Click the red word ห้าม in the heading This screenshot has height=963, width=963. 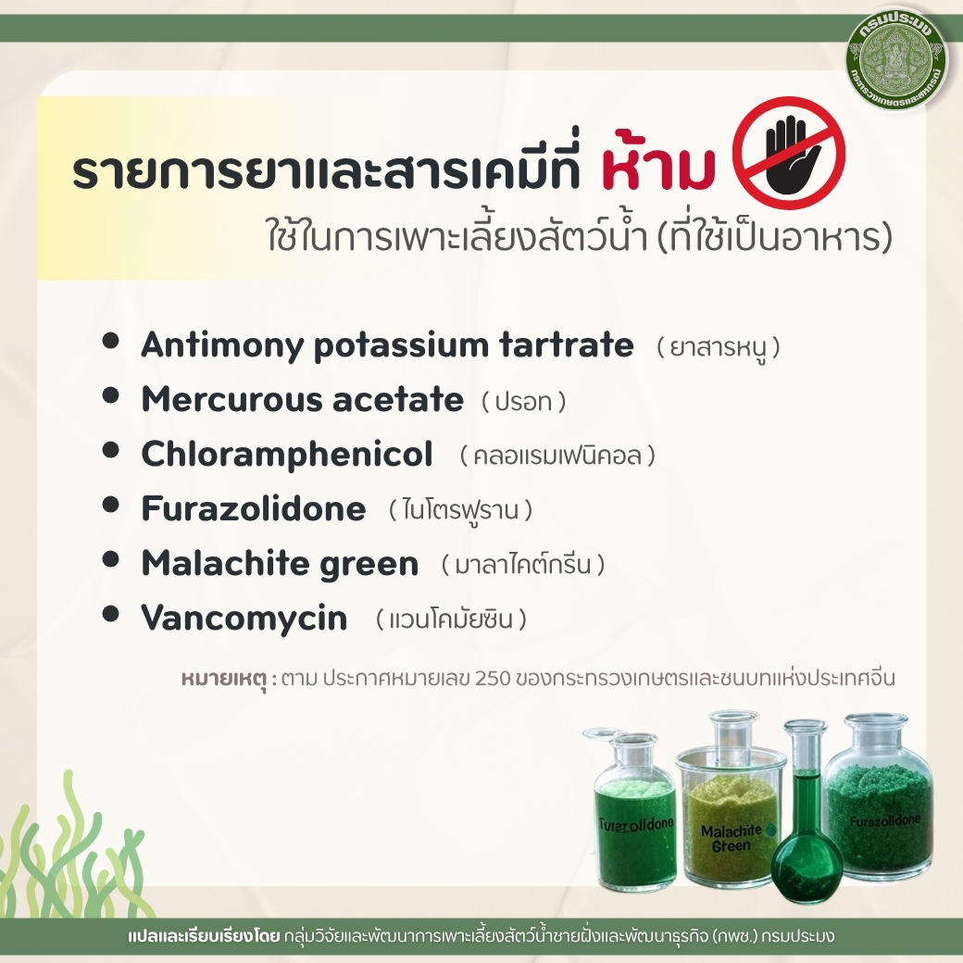click(x=658, y=163)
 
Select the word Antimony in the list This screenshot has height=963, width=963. click(x=222, y=345)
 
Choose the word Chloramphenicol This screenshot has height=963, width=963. click(x=287, y=455)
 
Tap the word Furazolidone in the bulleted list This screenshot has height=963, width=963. click(x=254, y=508)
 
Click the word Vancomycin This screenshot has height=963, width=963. click(x=244, y=618)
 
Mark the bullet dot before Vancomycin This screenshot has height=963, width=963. click(x=110, y=614)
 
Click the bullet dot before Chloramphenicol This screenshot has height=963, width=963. click(x=110, y=450)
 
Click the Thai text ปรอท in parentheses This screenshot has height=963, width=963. click(x=523, y=402)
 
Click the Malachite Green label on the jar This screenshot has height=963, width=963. click(x=731, y=838)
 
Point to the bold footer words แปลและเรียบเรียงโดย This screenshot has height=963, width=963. click(x=204, y=937)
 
